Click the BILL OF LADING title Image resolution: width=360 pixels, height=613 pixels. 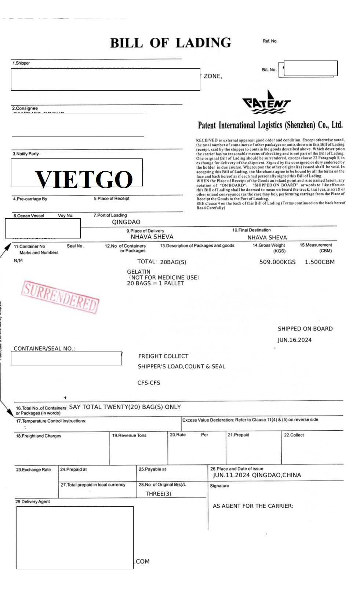click(171, 43)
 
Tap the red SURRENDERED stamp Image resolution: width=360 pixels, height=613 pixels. click(61, 297)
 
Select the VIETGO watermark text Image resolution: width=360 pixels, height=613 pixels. click(84, 179)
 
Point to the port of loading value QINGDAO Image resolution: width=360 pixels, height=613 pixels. click(126, 222)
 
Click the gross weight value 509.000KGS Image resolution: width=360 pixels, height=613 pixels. click(277, 262)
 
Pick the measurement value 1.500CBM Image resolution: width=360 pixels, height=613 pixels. click(319, 262)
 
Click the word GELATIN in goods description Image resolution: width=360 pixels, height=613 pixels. click(138, 272)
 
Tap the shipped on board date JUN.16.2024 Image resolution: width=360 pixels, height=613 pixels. click(294, 340)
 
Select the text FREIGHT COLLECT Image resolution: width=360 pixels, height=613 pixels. click(163, 356)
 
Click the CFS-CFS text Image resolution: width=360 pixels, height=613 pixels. click(149, 383)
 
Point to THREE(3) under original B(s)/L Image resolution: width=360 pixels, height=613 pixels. click(158, 494)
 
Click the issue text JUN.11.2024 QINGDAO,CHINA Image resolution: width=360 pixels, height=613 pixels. click(257, 475)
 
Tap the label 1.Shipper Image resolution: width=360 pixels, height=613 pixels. click(21, 63)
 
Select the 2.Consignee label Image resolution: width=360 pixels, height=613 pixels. click(25, 108)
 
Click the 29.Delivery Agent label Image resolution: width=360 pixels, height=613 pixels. click(32, 501)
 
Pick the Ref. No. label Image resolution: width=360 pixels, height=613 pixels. click(270, 41)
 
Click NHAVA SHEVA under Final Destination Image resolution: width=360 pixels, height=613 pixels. click(267, 237)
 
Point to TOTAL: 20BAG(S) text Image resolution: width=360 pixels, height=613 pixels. click(161, 262)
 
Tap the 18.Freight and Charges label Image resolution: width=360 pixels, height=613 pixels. click(39, 436)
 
